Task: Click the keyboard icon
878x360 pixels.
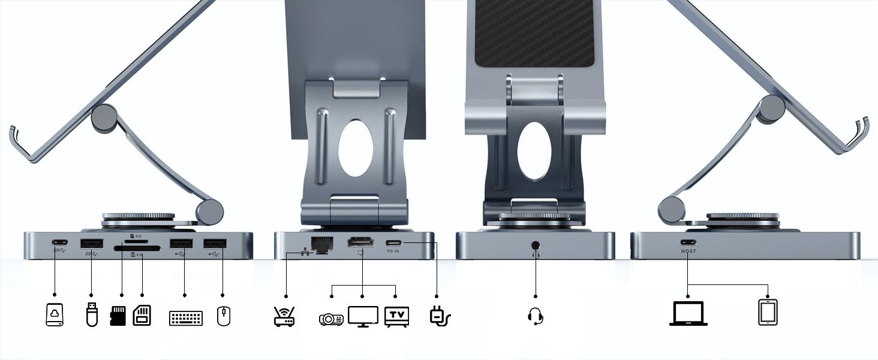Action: (x=186, y=317)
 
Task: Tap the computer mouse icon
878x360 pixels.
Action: (x=223, y=316)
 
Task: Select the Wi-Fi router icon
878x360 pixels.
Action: (x=284, y=316)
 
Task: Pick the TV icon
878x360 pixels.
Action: (x=396, y=316)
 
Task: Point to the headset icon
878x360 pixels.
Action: (x=536, y=316)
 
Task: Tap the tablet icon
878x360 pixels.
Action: (x=768, y=313)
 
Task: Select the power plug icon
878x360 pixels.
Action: (x=439, y=316)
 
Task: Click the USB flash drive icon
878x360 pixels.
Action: (x=91, y=314)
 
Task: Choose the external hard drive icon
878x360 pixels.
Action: (x=55, y=314)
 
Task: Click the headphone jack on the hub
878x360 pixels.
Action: (x=535, y=245)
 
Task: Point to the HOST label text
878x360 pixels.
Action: (x=688, y=251)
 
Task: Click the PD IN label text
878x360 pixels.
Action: (x=393, y=251)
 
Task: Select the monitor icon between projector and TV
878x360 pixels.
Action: (x=363, y=316)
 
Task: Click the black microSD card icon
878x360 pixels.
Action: (x=119, y=316)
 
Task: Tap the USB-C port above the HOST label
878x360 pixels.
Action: (x=688, y=243)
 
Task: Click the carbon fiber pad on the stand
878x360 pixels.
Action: (x=535, y=33)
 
